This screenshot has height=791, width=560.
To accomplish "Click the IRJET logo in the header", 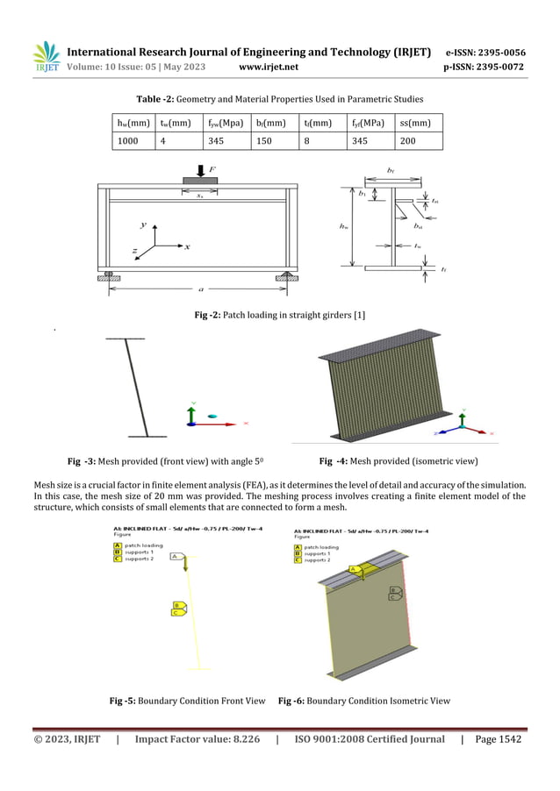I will (46, 57).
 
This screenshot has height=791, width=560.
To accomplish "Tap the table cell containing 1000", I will (128, 140).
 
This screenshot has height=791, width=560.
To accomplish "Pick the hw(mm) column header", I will (133, 122).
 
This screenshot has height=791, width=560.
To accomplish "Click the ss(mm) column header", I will (416, 122).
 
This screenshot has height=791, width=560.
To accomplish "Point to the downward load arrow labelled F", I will (201, 170).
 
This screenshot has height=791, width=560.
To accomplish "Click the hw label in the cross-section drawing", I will (343, 225).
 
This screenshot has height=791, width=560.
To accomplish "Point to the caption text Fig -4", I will (334, 460).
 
